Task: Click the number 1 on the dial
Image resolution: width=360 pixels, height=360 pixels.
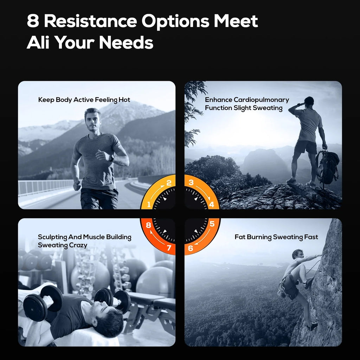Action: pos(149,204)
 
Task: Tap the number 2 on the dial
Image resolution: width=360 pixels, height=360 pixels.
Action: pos(169,183)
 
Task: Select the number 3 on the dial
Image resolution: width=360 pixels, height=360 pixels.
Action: pos(191,182)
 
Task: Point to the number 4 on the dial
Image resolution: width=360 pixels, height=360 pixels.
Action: pos(211,204)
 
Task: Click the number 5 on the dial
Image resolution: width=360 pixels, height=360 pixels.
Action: pos(212,224)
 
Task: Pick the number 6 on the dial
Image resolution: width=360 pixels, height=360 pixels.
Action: pos(191,248)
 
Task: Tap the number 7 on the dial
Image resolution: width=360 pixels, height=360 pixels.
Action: pos(169,248)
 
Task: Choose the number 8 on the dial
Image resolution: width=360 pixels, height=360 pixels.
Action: pos(149,225)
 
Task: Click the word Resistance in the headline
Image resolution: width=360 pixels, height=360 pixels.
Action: pos(90,21)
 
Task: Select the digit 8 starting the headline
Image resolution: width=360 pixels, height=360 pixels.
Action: pos(33,21)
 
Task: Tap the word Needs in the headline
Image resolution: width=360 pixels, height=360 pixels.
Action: pos(126,43)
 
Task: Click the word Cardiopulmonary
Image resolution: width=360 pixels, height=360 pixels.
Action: pos(261,100)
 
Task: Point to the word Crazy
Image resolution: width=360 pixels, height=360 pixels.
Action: pos(78,245)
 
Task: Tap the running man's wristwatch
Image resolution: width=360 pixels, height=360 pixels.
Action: pos(112,158)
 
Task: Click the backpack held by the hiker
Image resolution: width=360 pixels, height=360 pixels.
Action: pos(327,167)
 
